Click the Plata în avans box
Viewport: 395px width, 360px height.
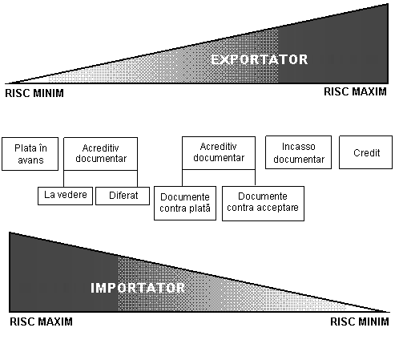30,154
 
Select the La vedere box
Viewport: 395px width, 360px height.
65,196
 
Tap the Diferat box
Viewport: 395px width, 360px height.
123,196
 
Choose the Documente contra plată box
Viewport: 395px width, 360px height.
185,203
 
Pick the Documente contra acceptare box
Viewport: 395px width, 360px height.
263,204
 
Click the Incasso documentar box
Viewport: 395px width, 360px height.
298,152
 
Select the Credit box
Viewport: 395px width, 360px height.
365,152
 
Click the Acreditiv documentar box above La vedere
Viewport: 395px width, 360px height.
101,154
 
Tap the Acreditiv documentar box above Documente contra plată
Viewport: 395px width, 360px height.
219,153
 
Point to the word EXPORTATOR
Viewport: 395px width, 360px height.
260,59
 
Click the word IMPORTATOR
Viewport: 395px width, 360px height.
138,288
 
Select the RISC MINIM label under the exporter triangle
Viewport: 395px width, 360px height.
34,93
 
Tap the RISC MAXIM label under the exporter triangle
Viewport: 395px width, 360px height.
355,91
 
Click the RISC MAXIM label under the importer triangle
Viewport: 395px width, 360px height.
41,322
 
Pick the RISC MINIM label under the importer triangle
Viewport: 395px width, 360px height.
360,322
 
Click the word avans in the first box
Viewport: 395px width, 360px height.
30,160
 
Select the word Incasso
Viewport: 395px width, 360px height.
299,147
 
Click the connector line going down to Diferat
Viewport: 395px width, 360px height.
138,179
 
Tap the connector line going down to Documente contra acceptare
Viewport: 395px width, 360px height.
255,177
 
